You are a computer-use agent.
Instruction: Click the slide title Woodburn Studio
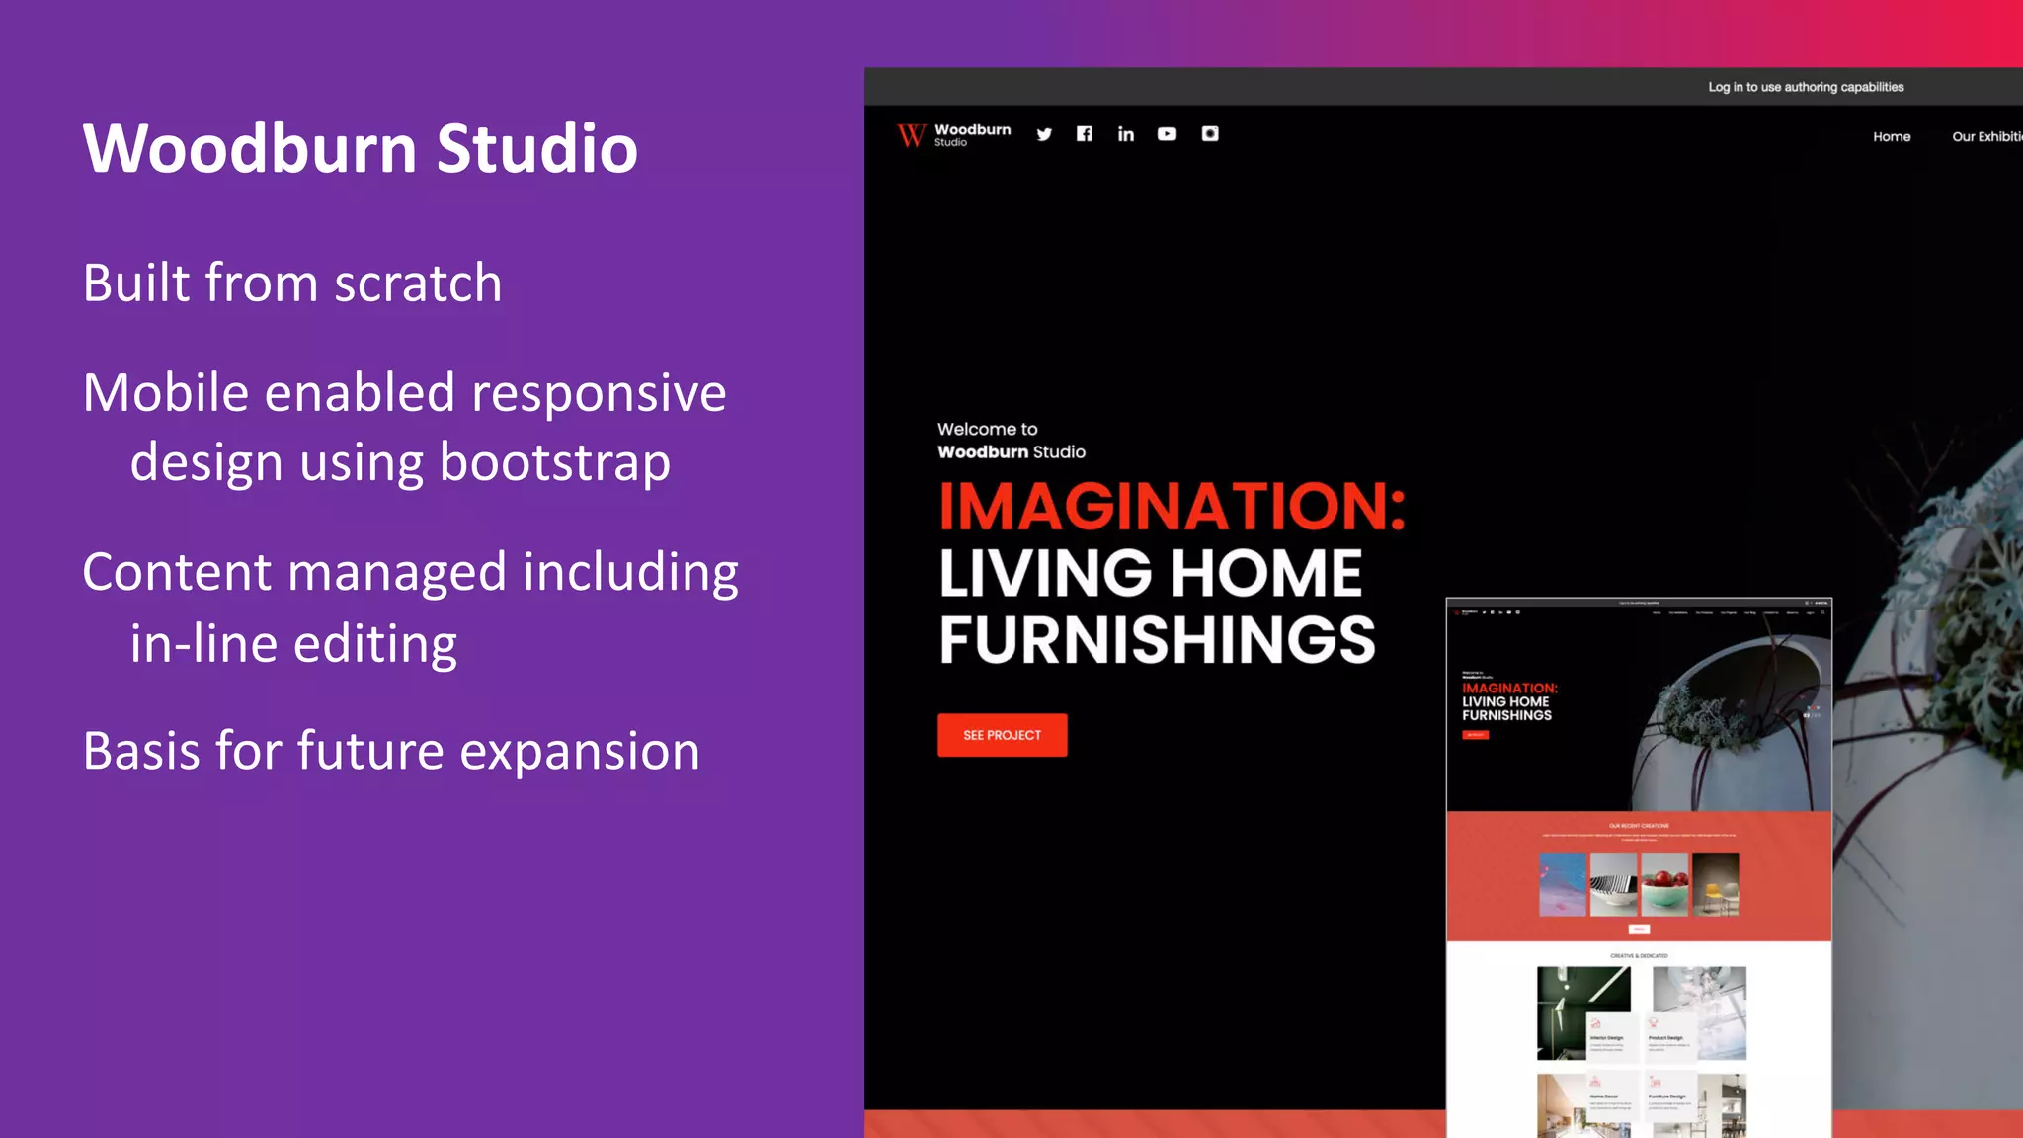[x=360, y=149]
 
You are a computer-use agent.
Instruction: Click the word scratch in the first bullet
[x=417, y=284]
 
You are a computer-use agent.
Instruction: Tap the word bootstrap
[x=554, y=462]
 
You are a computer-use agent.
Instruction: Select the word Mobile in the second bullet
[x=165, y=393]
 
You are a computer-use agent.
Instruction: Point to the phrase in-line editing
[x=293, y=644]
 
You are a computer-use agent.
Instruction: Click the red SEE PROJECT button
[x=1002, y=735]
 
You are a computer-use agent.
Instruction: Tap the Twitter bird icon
[x=1044, y=134]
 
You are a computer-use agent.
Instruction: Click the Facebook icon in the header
[x=1085, y=134]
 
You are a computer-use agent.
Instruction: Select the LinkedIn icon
[x=1125, y=134]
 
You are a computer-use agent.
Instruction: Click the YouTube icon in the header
[x=1167, y=134]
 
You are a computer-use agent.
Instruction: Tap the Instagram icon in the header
[x=1210, y=134]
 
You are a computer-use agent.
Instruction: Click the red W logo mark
[x=911, y=135]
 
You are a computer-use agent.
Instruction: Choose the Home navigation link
[x=1892, y=137]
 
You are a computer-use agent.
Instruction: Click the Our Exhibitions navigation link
[x=1986, y=137]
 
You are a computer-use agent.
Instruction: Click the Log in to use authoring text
[x=1806, y=87]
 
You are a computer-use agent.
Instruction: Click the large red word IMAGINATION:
[x=1172, y=507]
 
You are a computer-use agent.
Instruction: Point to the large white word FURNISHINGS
[x=1157, y=640]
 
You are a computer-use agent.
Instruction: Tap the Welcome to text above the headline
[x=987, y=429]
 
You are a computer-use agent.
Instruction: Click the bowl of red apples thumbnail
[x=1664, y=884]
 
